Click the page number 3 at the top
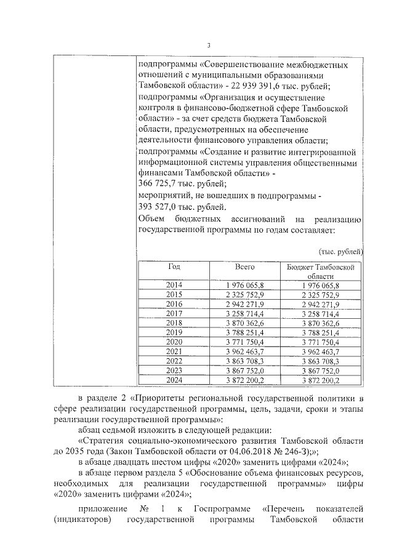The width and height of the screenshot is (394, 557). (x=209, y=45)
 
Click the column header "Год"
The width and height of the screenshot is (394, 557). (x=174, y=267)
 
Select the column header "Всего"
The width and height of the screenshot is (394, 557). (x=244, y=267)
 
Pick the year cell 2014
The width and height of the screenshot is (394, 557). (x=174, y=285)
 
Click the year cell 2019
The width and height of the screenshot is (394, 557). (x=174, y=332)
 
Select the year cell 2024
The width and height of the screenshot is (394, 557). (x=174, y=380)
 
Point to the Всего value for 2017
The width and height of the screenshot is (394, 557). (x=244, y=313)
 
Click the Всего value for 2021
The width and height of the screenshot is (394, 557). (x=244, y=351)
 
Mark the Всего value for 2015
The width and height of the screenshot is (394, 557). (x=244, y=294)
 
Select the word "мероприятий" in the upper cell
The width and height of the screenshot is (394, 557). (x=163, y=195)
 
